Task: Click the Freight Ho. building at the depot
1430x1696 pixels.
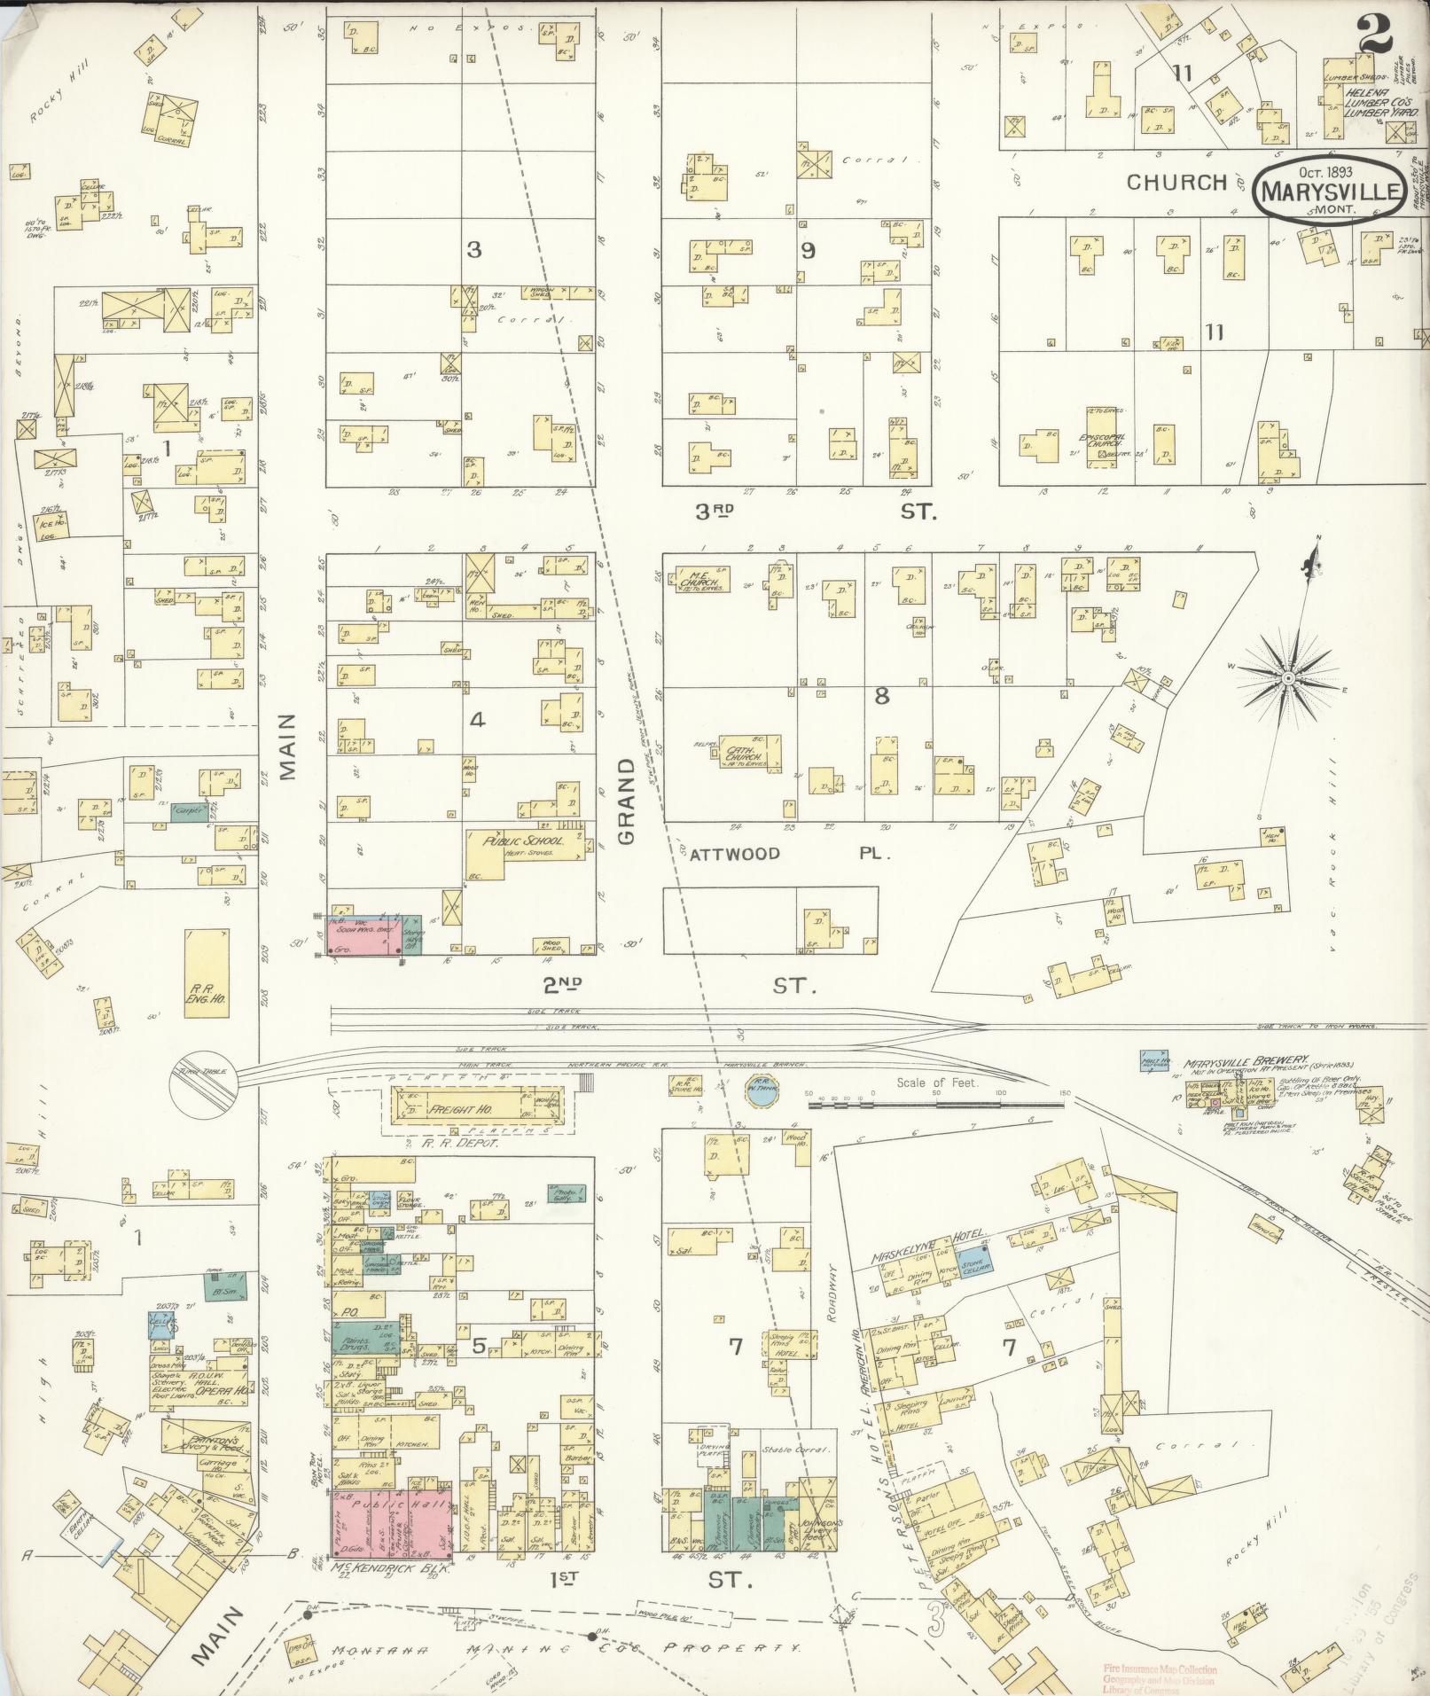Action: coord(475,1109)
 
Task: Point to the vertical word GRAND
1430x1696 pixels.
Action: coord(628,801)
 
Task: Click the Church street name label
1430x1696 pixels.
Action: coord(1175,183)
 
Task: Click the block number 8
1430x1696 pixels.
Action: coord(881,696)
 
